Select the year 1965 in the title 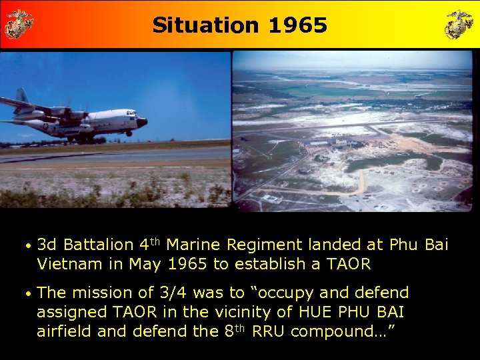pyautogui.click(x=297, y=25)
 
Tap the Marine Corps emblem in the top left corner pyautogui.click(x=19, y=24)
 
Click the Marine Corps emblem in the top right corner pyautogui.click(x=459, y=24)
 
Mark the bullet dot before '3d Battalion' pyautogui.click(x=27, y=246)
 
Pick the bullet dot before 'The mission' pyautogui.click(x=27, y=293)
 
